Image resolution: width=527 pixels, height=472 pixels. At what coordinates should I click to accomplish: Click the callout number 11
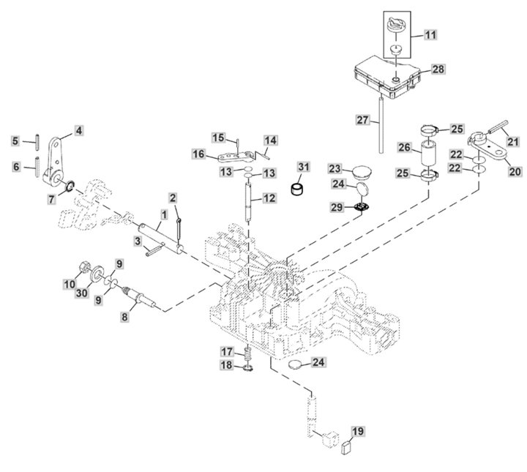(x=429, y=34)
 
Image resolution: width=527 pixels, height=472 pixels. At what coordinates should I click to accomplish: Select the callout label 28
(x=438, y=69)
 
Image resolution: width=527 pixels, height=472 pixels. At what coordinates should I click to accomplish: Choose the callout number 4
(x=78, y=131)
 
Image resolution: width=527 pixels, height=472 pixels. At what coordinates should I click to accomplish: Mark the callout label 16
(x=199, y=154)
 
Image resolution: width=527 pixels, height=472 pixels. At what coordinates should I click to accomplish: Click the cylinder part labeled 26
(x=429, y=155)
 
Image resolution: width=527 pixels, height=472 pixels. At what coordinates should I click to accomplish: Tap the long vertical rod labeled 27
(x=382, y=124)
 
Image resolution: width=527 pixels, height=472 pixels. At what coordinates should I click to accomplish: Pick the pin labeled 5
(x=35, y=140)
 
